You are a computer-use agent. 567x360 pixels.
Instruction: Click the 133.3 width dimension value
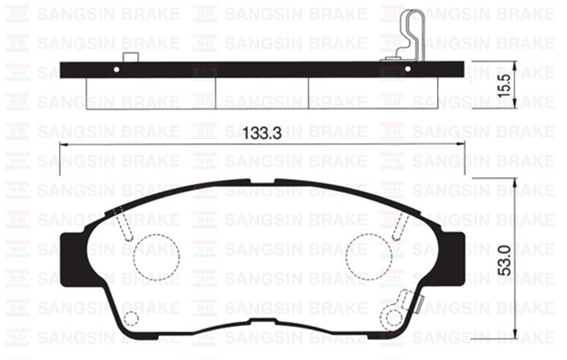[262, 133]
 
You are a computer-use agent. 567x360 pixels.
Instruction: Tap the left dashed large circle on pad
[156, 257]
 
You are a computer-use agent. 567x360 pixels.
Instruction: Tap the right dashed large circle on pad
[369, 257]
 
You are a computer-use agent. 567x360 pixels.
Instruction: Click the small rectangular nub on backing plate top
[130, 57]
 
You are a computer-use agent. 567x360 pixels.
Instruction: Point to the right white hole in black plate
[408, 69]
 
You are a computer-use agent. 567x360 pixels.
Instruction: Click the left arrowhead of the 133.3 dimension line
[64, 145]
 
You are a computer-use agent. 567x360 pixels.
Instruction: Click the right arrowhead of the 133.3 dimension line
[460, 145]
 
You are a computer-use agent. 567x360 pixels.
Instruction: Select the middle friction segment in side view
[262, 94]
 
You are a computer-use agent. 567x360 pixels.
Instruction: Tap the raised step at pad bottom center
[263, 320]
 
